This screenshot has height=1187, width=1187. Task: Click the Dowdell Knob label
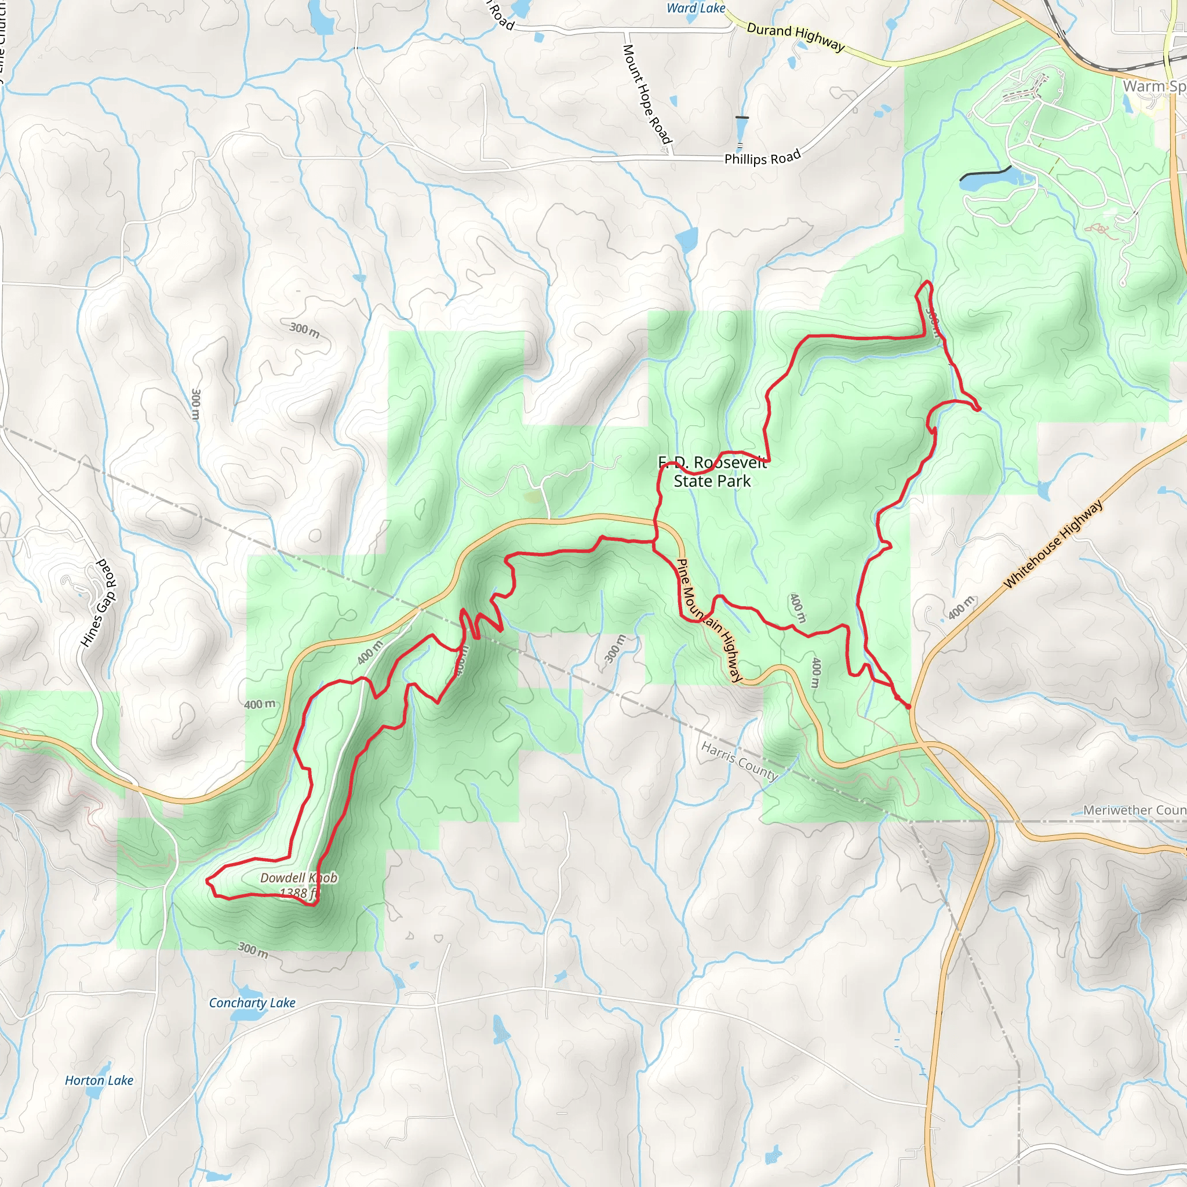(x=298, y=878)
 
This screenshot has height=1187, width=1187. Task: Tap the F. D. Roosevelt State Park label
(x=712, y=472)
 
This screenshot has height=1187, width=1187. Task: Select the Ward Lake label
(x=696, y=8)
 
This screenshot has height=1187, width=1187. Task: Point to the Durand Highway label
(x=796, y=37)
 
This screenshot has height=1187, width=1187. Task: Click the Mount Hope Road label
(x=647, y=94)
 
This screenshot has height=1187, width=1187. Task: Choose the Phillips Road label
(x=763, y=157)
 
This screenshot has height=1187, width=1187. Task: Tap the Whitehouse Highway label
(x=1053, y=544)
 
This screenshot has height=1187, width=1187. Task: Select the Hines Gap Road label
(x=99, y=603)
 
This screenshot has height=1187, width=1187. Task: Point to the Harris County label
(x=740, y=760)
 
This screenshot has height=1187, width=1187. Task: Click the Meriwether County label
(x=1134, y=810)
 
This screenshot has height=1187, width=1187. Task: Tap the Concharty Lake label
(x=252, y=1003)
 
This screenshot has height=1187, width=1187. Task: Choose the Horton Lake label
(x=99, y=1081)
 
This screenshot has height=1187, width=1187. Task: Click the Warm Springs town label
(x=1154, y=86)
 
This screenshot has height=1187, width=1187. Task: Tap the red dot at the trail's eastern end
(x=908, y=707)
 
